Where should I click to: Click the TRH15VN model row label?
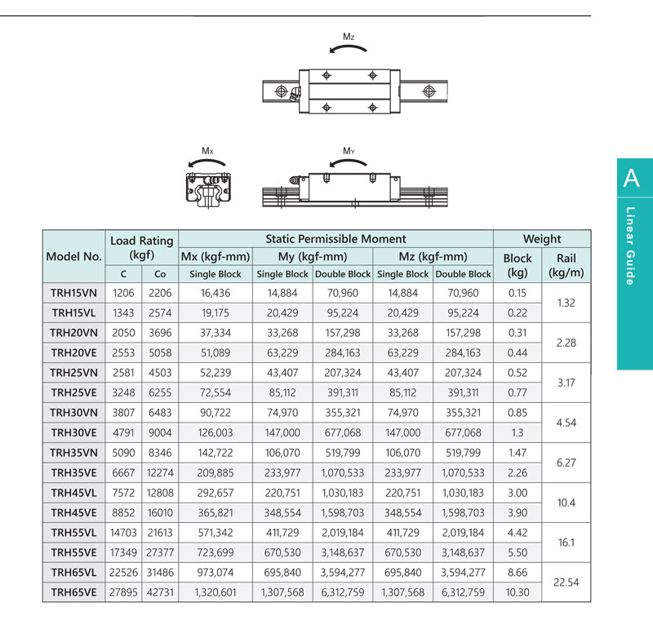(73, 293)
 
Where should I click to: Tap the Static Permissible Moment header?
(335, 239)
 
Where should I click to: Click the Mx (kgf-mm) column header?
(215, 256)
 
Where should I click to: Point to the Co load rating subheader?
(159, 275)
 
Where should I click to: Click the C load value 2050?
(124, 333)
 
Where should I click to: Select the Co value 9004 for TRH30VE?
(160, 433)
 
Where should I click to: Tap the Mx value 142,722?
(215, 453)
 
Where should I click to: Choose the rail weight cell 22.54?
(566, 582)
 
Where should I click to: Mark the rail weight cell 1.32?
(566, 303)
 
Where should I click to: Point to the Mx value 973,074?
(215, 573)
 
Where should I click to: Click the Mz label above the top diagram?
(349, 37)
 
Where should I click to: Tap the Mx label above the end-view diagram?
(208, 151)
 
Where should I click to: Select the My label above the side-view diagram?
(349, 151)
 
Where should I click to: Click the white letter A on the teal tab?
(631, 178)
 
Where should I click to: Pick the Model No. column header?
(73, 256)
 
